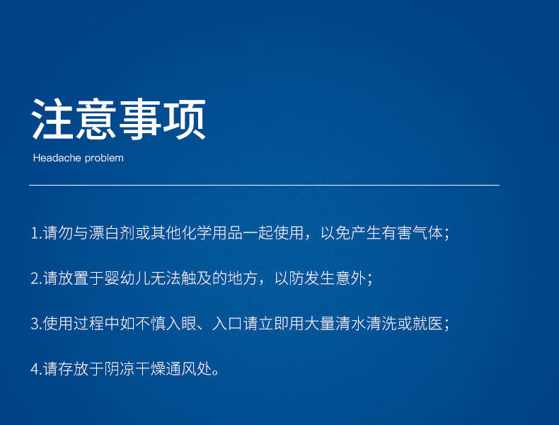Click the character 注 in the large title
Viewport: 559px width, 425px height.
(x=53, y=119)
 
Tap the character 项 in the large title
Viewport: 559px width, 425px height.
(x=184, y=119)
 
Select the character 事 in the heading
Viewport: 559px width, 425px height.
(x=140, y=119)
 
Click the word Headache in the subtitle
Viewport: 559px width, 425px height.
(x=57, y=158)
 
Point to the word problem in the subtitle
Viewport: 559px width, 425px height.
(x=104, y=158)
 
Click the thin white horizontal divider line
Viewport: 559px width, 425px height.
(x=264, y=185)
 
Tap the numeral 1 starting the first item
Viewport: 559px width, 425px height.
(x=35, y=233)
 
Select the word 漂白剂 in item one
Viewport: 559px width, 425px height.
(x=112, y=233)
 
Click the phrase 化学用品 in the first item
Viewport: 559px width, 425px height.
(x=212, y=233)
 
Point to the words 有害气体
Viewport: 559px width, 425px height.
(x=412, y=233)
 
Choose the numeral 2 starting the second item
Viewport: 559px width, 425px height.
(x=35, y=278)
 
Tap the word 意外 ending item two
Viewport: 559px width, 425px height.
(x=350, y=278)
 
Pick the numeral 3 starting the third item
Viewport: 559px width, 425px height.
(x=35, y=324)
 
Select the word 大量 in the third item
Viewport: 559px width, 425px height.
(x=320, y=324)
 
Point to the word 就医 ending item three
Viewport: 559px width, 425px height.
(x=427, y=324)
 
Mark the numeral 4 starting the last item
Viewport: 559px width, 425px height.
(x=35, y=369)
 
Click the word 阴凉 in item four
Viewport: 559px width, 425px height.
(x=120, y=369)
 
